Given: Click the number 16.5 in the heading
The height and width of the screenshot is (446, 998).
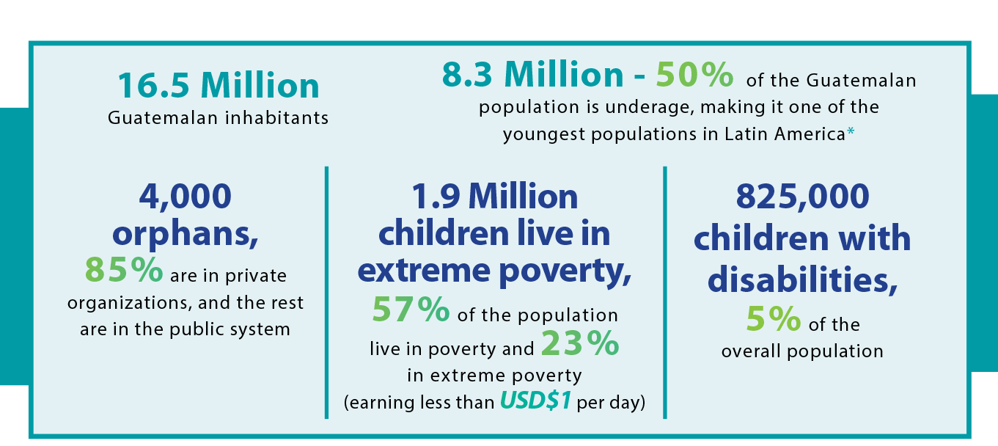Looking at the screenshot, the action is coord(154,85).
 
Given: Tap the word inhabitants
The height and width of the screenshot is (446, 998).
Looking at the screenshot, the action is coord(276,118).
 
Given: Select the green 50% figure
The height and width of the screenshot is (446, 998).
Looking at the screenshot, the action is coord(694,74).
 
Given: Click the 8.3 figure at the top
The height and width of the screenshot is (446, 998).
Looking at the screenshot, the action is coord(467,74).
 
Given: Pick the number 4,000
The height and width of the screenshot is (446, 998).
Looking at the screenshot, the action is coord(186,197).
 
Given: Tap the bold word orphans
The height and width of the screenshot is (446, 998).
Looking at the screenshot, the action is coord(186,234).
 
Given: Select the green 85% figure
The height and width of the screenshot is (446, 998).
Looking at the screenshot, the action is coord(123,269).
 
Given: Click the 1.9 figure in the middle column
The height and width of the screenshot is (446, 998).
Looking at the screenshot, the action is coord(436,197).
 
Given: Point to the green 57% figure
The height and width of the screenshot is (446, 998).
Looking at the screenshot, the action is coord(411,309).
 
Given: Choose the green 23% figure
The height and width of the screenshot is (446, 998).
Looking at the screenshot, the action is coord(580,343).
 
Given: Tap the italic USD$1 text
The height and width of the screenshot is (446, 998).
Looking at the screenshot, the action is coord(535,400).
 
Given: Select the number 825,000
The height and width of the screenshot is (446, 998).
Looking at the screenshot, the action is coord(802,197).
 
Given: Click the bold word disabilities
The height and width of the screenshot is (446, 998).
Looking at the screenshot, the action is coord(802,279).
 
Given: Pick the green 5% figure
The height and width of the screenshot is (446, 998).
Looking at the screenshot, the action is coord(774,318).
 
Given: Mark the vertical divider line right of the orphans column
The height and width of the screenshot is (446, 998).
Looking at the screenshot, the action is coord(326,292).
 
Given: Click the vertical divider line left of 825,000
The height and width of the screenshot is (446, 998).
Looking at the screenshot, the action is coord(665,292).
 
